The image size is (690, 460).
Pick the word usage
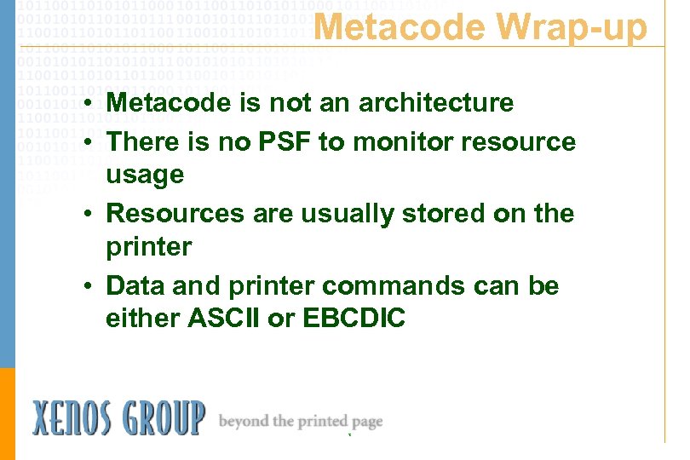pyautogui.click(x=145, y=175)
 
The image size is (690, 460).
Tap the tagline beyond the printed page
pyautogui.click(x=301, y=421)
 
